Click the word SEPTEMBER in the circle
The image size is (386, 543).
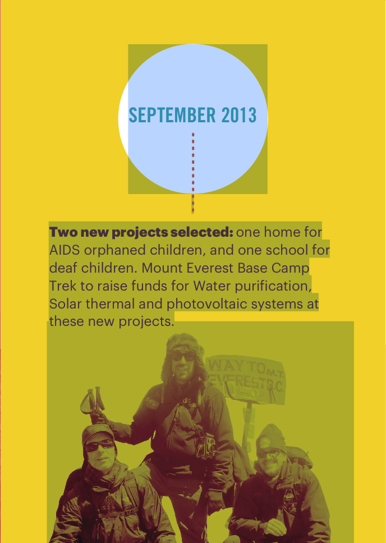172,115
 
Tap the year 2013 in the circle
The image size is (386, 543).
239,115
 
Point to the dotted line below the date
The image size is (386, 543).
193,172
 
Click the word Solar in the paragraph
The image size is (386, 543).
66,304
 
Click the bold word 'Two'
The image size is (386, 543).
63,232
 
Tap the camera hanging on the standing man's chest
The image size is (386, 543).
206,445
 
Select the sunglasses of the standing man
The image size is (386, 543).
182,357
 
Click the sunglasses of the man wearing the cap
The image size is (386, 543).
100,446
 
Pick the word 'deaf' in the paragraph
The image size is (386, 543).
63,268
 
